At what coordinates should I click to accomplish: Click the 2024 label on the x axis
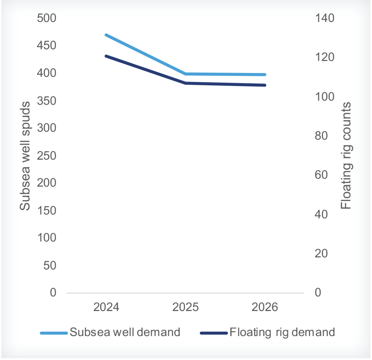pyautogui.click(x=106, y=308)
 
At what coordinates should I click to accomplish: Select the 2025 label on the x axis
pyautogui.click(x=186, y=308)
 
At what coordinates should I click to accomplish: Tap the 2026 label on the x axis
pyautogui.click(x=265, y=308)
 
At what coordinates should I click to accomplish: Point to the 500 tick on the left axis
pyautogui.click(x=47, y=18)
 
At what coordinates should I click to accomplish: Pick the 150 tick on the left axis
pyautogui.click(x=47, y=210)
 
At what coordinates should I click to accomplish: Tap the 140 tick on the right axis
pyautogui.click(x=324, y=18)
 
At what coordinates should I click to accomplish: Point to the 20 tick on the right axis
pyautogui.click(x=321, y=254)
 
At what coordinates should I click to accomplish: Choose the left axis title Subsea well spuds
pyautogui.click(x=25, y=156)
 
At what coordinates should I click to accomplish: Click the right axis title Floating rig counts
pyautogui.click(x=346, y=156)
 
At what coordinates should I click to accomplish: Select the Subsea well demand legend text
pyautogui.click(x=125, y=332)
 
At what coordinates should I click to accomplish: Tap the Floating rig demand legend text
pyautogui.click(x=283, y=332)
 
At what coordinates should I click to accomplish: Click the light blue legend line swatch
pyautogui.click(x=54, y=333)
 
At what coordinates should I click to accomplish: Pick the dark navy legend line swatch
pyautogui.click(x=214, y=333)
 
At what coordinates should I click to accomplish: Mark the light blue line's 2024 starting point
pyautogui.click(x=106, y=35)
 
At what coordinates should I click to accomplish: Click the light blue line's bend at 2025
pyautogui.click(x=186, y=74)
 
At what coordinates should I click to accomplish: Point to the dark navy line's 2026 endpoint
pyautogui.click(x=265, y=85)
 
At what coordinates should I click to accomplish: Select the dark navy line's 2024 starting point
pyautogui.click(x=106, y=56)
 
